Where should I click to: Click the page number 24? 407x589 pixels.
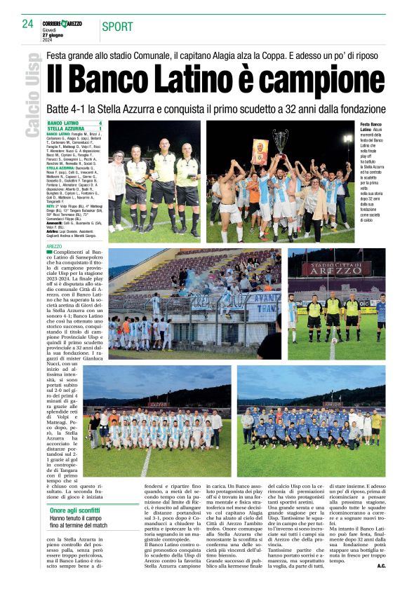[27, 24]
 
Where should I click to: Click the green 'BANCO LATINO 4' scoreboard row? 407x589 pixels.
[74, 123]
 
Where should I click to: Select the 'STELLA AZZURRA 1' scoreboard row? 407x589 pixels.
[74, 129]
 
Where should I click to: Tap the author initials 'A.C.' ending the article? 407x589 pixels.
[381, 565]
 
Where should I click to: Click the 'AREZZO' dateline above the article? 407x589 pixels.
[54, 247]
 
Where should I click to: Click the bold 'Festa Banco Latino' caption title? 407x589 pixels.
[371, 127]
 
